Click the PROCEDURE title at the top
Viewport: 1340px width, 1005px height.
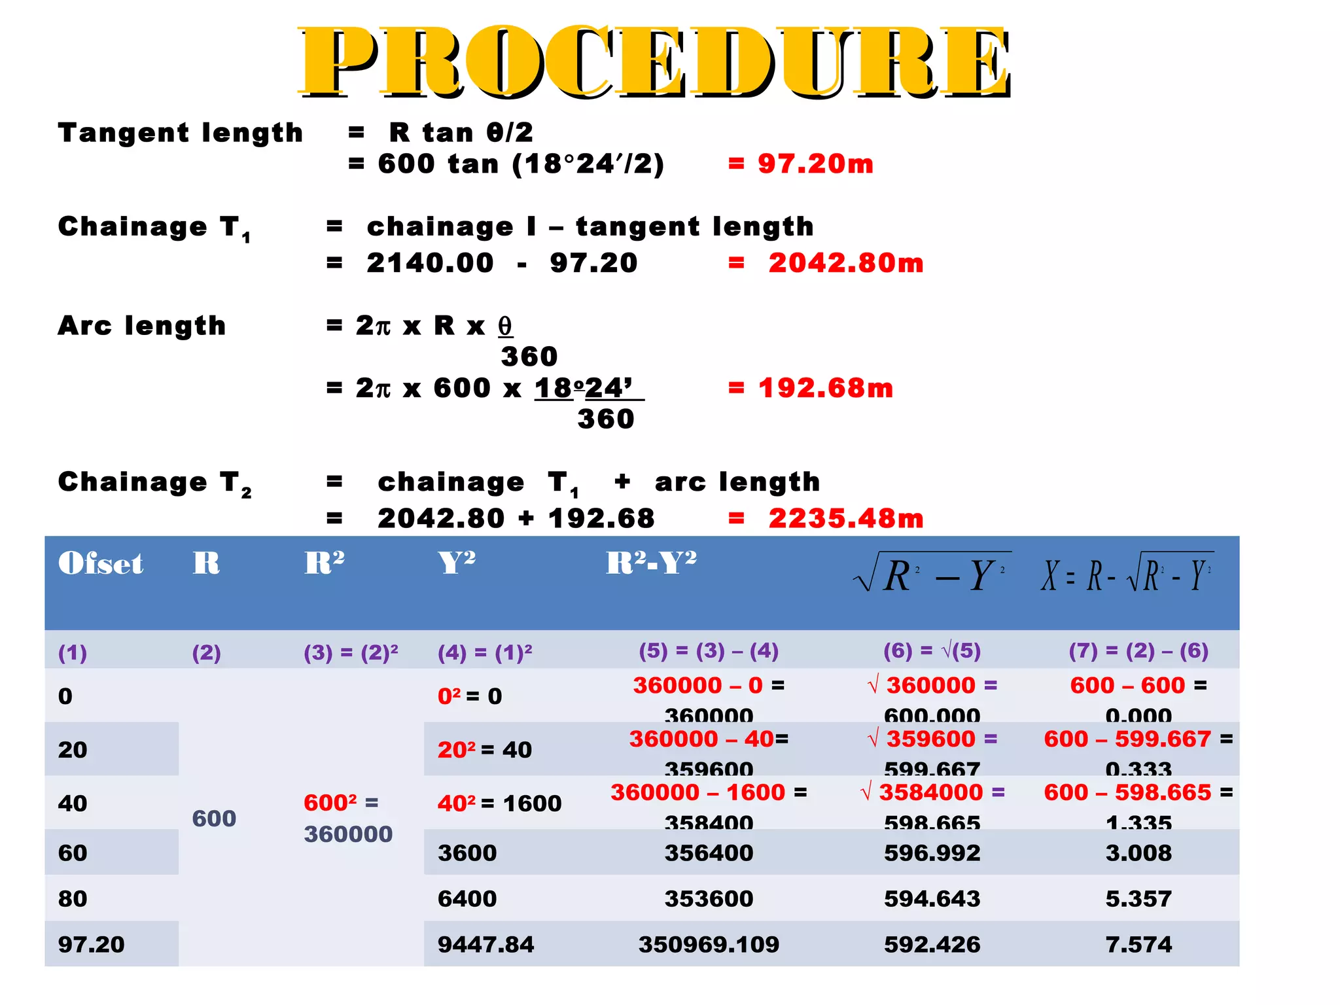click(x=654, y=62)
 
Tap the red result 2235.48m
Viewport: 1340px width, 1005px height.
click(x=845, y=518)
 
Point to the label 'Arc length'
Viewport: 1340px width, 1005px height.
click(x=142, y=325)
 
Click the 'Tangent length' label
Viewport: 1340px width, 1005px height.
click(x=181, y=133)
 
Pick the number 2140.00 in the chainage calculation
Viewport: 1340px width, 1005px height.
click(x=430, y=263)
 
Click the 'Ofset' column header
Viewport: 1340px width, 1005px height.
click(x=100, y=563)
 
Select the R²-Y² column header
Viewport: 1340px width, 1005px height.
click(x=651, y=563)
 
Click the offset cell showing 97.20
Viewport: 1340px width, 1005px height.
click(x=91, y=944)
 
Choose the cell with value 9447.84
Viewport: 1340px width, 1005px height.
click(x=485, y=944)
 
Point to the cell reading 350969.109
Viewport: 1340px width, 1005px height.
click(x=709, y=944)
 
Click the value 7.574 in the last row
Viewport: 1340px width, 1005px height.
click(x=1138, y=944)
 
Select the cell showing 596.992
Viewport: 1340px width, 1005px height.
click(x=932, y=853)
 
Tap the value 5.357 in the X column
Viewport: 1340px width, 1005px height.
click(x=1138, y=898)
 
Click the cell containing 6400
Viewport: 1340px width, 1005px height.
click(x=467, y=898)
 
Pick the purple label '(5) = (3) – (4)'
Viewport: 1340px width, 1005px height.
click(x=709, y=650)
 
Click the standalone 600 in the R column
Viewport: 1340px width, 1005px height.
click(x=214, y=818)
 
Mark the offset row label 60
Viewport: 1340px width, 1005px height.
click(x=73, y=853)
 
